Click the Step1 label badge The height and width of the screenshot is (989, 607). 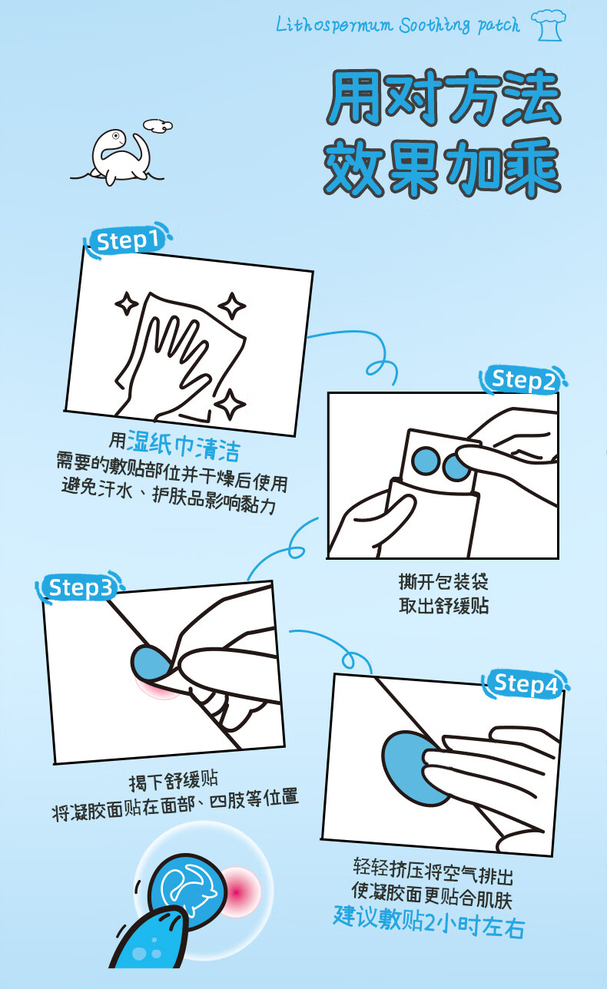pyautogui.click(x=128, y=240)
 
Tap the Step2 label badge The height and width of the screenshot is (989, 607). pyautogui.click(x=523, y=379)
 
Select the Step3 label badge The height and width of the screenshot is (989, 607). pyautogui.click(x=80, y=587)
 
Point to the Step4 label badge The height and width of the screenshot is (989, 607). pyautogui.click(x=526, y=685)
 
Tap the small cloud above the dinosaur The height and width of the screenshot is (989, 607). pyautogui.click(x=158, y=125)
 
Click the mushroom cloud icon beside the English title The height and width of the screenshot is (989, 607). pyautogui.click(x=549, y=25)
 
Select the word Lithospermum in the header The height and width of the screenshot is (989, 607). pyautogui.click(x=334, y=25)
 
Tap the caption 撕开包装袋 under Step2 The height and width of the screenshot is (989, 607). pyautogui.click(x=443, y=581)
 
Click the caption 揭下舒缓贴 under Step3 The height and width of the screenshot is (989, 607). pyautogui.click(x=174, y=781)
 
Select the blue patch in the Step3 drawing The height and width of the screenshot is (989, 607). pyautogui.click(x=151, y=663)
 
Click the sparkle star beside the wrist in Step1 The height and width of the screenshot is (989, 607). pyautogui.click(x=230, y=404)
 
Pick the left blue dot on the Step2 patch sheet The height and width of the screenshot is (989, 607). pyautogui.click(x=426, y=461)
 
